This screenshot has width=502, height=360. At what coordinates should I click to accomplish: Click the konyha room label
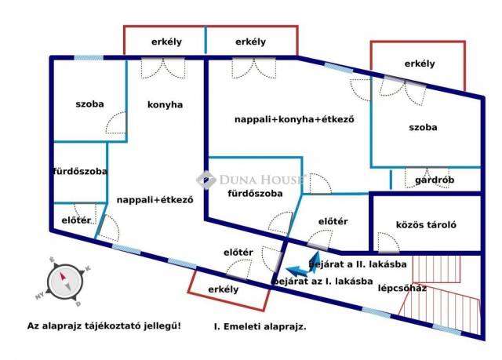(165, 105)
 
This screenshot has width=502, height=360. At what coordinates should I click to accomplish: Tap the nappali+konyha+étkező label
(295, 119)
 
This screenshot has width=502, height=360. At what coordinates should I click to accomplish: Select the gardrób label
(435, 180)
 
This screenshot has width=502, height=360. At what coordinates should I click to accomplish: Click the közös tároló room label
(426, 224)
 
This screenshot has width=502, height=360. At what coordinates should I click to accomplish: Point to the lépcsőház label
(402, 289)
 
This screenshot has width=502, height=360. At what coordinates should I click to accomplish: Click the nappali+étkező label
(155, 200)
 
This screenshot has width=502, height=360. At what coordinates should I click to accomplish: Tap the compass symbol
(64, 282)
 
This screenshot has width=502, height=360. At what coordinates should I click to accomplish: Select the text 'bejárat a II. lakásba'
(358, 264)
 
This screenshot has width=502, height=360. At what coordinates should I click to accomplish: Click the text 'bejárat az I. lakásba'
(322, 282)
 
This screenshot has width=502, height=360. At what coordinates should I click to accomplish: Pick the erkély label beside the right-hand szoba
(420, 64)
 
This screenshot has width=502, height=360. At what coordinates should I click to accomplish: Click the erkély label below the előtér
(223, 289)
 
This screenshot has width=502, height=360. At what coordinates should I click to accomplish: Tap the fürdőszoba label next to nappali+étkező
(80, 172)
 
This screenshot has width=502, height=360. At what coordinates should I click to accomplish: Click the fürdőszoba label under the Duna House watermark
(255, 194)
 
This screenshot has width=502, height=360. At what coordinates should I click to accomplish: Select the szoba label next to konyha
(89, 104)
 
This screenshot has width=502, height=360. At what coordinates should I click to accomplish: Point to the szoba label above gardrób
(423, 127)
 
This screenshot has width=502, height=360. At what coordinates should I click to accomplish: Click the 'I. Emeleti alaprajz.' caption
(260, 327)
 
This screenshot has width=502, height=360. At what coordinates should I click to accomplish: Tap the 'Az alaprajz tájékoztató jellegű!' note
(104, 326)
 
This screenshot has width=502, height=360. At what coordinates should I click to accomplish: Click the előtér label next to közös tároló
(333, 221)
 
